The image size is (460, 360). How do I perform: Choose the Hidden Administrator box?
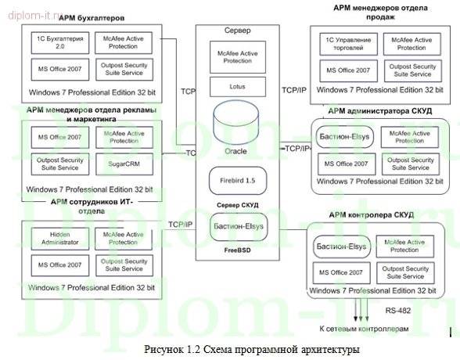tap(54, 238)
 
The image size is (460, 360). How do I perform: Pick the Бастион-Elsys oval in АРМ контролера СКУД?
tap(342, 247)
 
